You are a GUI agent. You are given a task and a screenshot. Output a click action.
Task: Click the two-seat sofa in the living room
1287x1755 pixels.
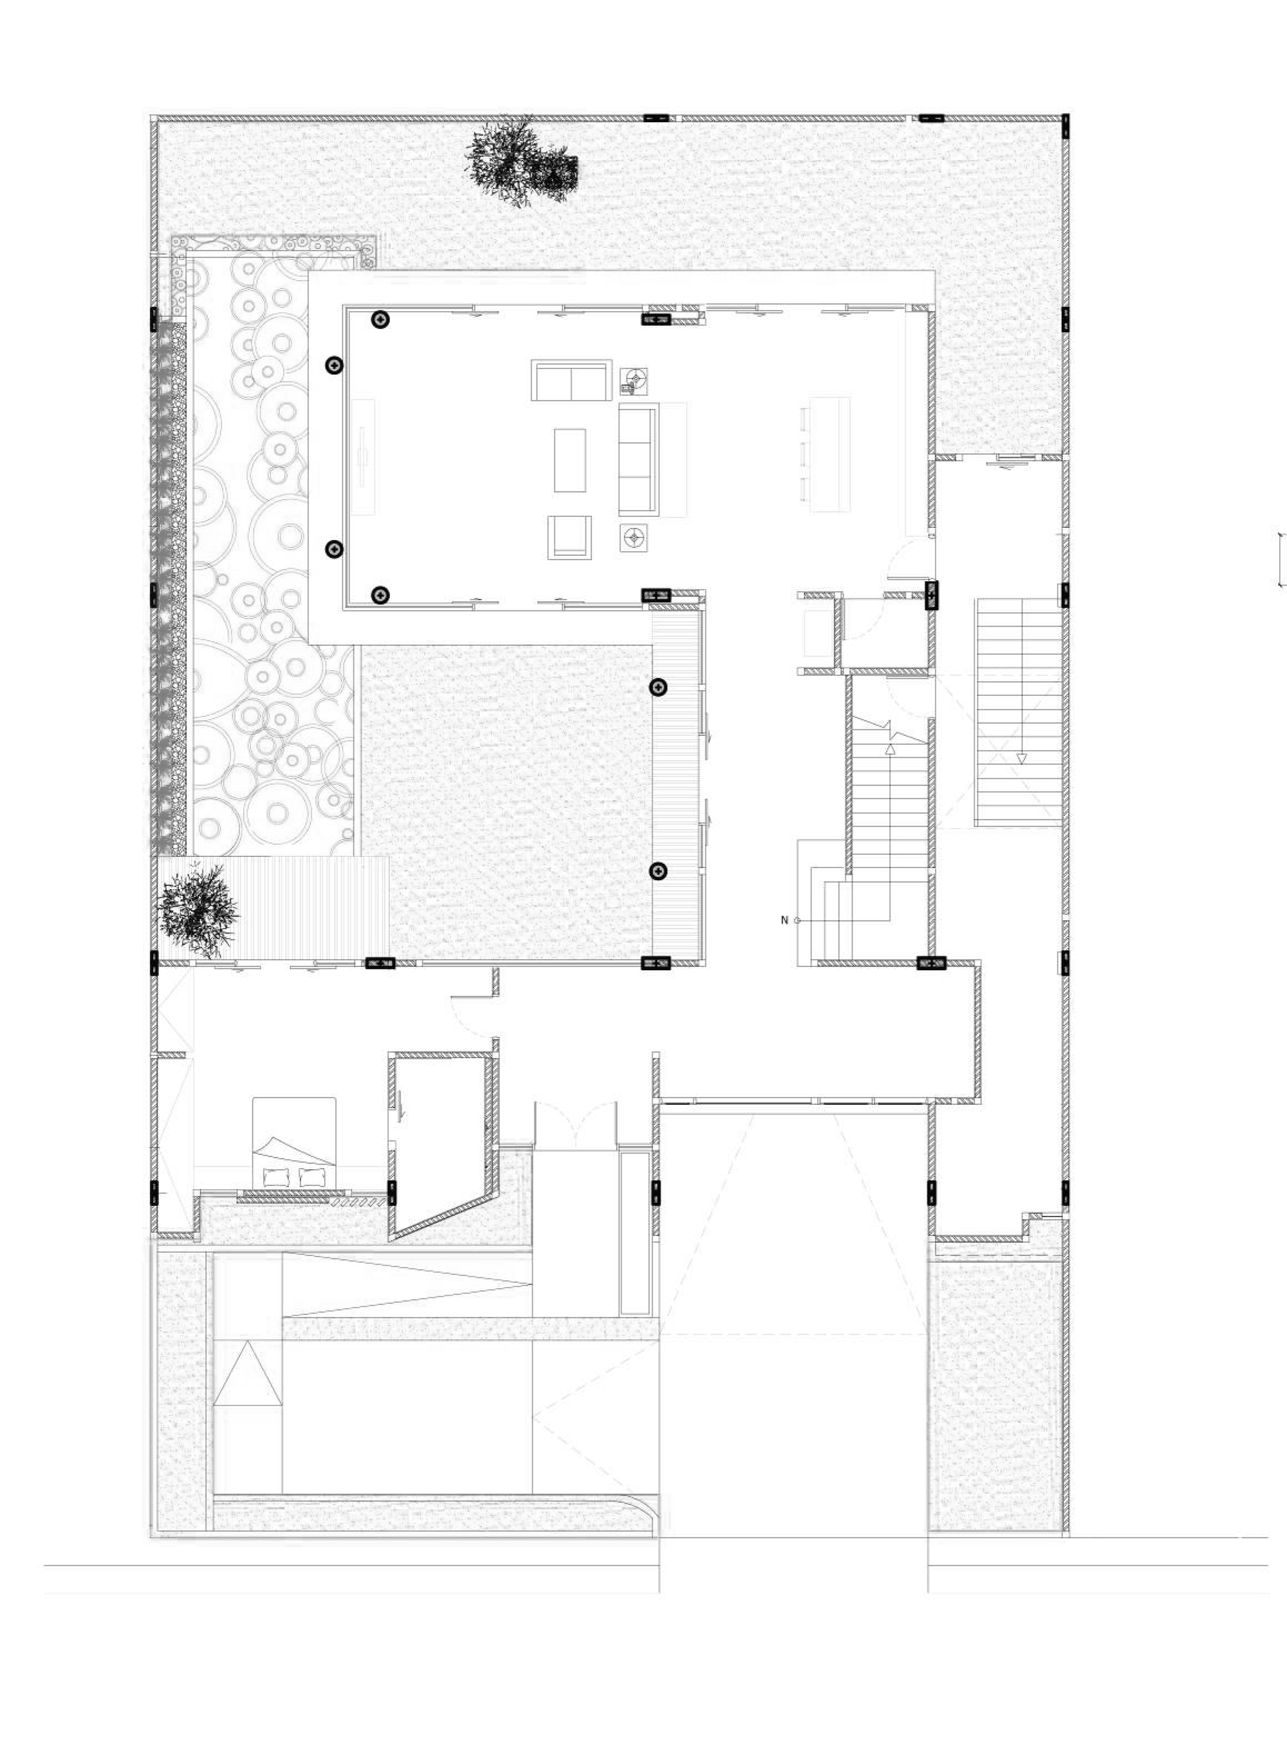coord(571,380)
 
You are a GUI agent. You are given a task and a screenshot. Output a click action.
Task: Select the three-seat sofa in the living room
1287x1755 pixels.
coord(639,460)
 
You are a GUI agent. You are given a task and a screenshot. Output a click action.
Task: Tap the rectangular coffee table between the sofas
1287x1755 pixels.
coord(569,460)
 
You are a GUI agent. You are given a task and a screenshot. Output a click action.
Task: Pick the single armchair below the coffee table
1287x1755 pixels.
coord(569,537)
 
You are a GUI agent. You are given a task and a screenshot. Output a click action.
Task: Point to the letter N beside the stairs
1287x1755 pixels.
coord(784,921)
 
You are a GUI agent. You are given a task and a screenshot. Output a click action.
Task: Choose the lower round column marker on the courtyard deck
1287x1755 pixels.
coord(658,871)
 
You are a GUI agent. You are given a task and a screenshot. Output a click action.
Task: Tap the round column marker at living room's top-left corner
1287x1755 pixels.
coord(380,319)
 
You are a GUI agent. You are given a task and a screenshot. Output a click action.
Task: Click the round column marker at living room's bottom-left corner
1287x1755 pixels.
coord(380,596)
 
